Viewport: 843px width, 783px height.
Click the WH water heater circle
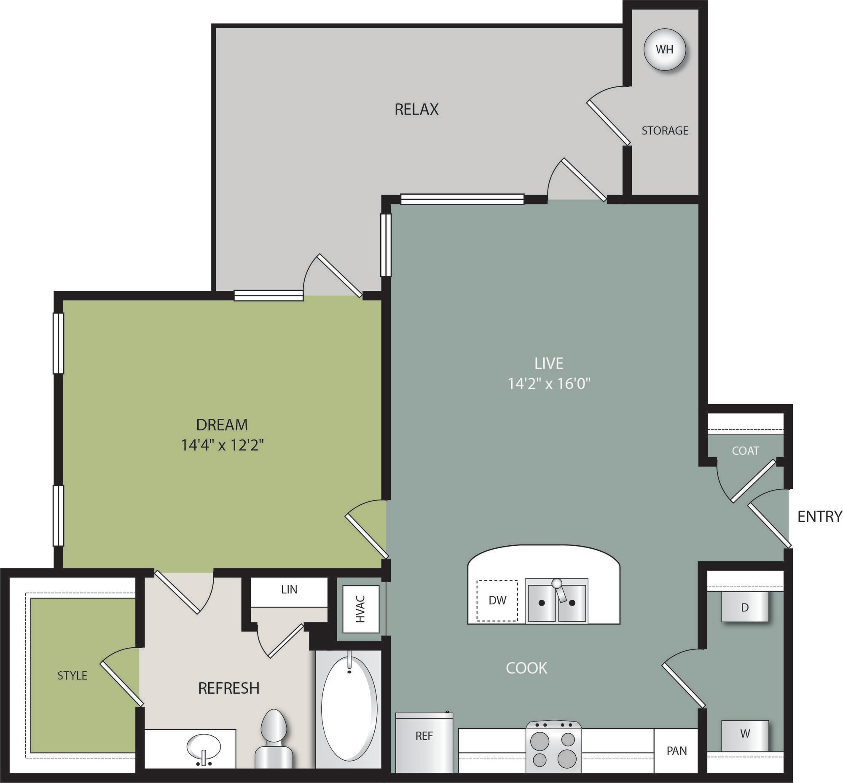(x=664, y=49)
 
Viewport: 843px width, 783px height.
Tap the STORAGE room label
(x=665, y=131)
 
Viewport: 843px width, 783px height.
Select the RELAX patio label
(x=416, y=109)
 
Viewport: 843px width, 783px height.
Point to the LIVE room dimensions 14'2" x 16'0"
(x=549, y=384)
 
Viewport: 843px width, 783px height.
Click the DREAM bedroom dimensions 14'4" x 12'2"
(x=223, y=445)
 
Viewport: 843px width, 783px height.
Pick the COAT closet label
(x=745, y=450)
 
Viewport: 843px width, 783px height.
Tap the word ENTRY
(x=819, y=517)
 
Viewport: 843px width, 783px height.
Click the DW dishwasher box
(x=497, y=601)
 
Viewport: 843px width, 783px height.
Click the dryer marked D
(x=745, y=607)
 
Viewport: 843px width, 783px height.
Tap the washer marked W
(x=745, y=732)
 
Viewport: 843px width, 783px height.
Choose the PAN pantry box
(x=677, y=751)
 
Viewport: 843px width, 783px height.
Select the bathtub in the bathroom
(x=349, y=708)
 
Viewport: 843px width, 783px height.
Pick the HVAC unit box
(x=361, y=609)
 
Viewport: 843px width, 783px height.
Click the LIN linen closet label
(x=289, y=590)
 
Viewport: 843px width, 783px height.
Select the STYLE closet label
(x=72, y=675)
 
